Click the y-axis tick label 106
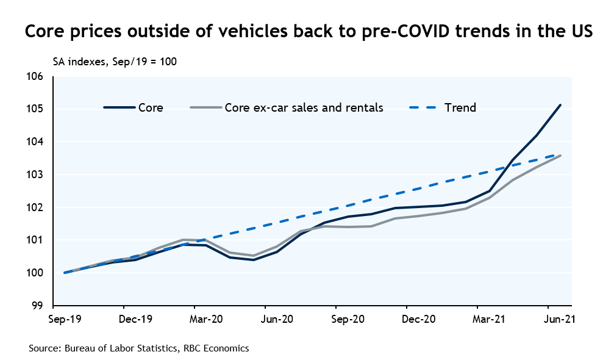click(36, 77)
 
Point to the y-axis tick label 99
click(38, 306)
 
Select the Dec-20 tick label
click(419, 319)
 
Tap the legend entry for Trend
click(460, 108)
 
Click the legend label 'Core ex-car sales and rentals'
click(304, 108)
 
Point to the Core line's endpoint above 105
click(560, 105)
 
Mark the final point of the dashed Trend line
click(560, 156)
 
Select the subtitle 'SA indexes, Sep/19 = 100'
click(115, 62)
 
